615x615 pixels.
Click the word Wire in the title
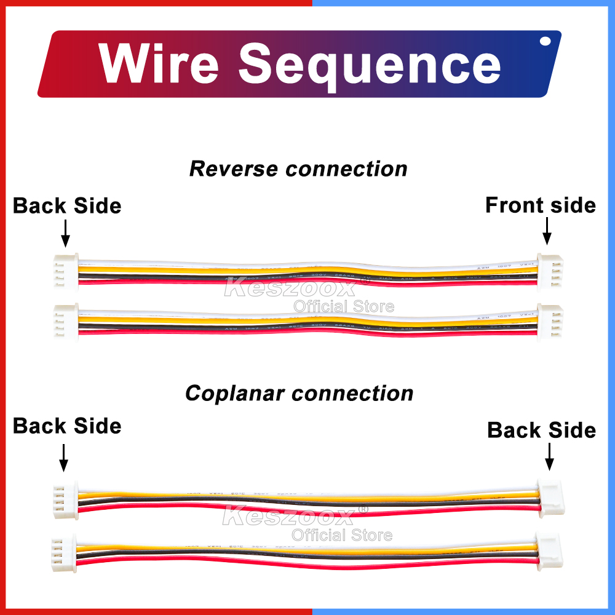click(x=159, y=63)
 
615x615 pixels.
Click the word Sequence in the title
click(x=370, y=65)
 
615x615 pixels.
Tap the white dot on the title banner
click(x=545, y=42)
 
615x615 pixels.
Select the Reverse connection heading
click(x=298, y=169)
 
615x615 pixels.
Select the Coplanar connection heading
click(x=299, y=393)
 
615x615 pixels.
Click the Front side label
click(x=541, y=205)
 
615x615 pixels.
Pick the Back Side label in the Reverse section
click(x=67, y=205)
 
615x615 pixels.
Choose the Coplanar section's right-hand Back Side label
click(x=541, y=430)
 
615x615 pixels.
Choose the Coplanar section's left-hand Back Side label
click(x=67, y=426)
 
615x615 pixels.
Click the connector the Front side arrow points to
click(x=546, y=270)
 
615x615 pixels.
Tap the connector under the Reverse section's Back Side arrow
click(x=66, y=271)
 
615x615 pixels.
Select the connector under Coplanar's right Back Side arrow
click(x=550, y=496)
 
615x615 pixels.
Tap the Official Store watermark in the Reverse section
click(x=343, y=306)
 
